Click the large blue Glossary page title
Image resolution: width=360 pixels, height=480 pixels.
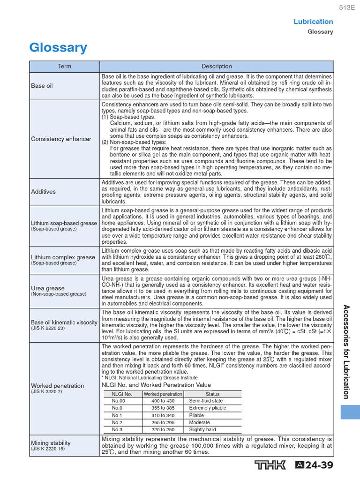tap(58, 48)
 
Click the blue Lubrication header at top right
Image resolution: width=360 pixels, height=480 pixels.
tap(313, 22)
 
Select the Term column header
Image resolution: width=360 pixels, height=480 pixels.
tap(65, 67)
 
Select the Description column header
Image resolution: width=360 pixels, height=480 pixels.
tap(217, 67)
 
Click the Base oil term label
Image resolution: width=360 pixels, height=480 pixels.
tap(42, 86)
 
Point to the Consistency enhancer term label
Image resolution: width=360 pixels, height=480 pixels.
tap(61, 139)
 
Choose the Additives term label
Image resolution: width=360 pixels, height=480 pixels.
tap(43, 192)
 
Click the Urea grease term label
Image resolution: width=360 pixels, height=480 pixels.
tap(48, 288)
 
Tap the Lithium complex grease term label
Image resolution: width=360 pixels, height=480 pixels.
tap(63, 257)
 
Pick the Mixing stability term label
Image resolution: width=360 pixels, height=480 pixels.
tap(51, 442)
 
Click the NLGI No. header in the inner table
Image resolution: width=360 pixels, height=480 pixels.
tap(122, 394)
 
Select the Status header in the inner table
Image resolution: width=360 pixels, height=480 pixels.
tap(212, 394)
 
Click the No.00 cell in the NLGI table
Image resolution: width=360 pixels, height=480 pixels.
tap(119, 401)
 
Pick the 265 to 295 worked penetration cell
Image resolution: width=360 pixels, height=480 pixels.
tap(163, 422)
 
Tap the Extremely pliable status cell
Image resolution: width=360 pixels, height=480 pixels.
tap(207, 408)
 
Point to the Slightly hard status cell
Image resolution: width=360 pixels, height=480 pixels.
tap(202, 429)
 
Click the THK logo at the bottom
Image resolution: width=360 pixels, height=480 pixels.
tap(270, 465)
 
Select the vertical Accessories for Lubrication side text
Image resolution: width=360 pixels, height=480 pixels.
tap(346, 352)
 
